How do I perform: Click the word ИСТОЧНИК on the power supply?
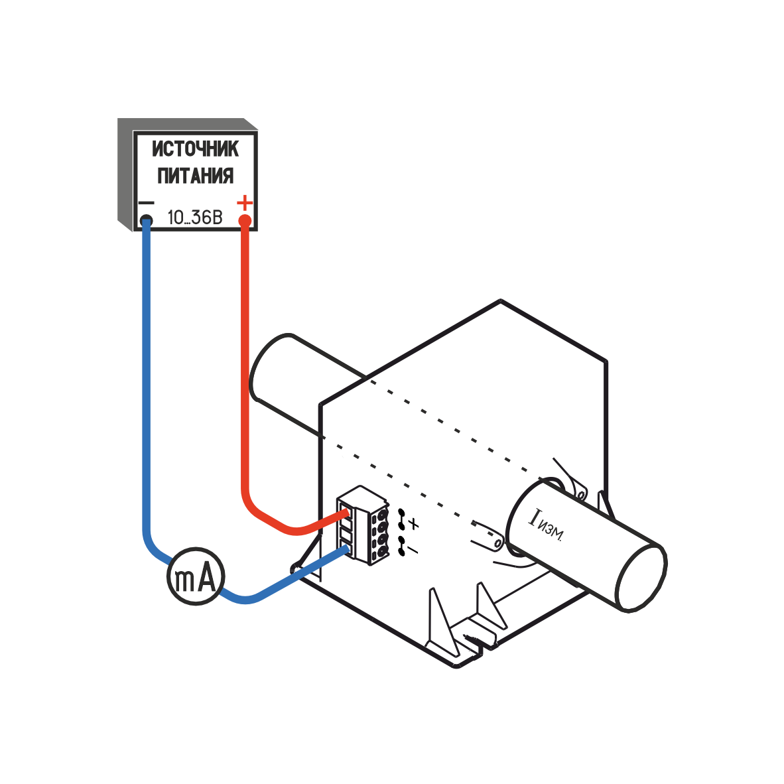click(195, 149)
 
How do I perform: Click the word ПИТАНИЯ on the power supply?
click(195, 176)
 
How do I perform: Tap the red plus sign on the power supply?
click(245, 201)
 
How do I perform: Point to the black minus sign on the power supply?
click(145, 203)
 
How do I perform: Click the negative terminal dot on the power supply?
click(146, 220)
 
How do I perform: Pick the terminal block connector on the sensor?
click(363, 524)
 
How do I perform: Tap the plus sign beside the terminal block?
click(414, 524)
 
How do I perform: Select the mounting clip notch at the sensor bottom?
click(472, 637)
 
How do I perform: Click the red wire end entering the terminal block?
click(342, 514)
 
